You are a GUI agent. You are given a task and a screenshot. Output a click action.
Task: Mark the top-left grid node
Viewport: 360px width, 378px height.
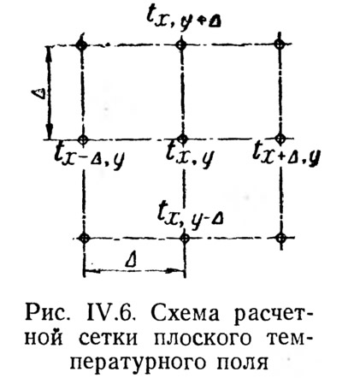[82, 45]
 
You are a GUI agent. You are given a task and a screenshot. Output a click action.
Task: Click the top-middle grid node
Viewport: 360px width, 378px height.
[181, 44]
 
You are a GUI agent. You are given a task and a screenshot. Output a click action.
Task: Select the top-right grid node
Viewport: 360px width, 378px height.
[280, 44]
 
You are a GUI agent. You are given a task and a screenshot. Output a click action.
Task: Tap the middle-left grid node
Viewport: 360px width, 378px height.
[83, 139]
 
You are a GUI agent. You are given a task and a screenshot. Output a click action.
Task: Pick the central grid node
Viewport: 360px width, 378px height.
[182, 139]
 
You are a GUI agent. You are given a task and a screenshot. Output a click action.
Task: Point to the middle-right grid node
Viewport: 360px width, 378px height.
[280, 139]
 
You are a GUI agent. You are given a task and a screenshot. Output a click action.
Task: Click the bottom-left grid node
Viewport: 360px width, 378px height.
[84, 238]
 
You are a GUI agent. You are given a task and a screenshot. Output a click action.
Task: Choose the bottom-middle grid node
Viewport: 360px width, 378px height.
[185, 238]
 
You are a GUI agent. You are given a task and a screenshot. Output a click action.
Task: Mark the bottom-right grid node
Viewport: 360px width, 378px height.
[281, 237]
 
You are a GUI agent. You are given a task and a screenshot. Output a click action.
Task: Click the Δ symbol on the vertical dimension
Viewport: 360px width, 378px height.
[39, 93]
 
